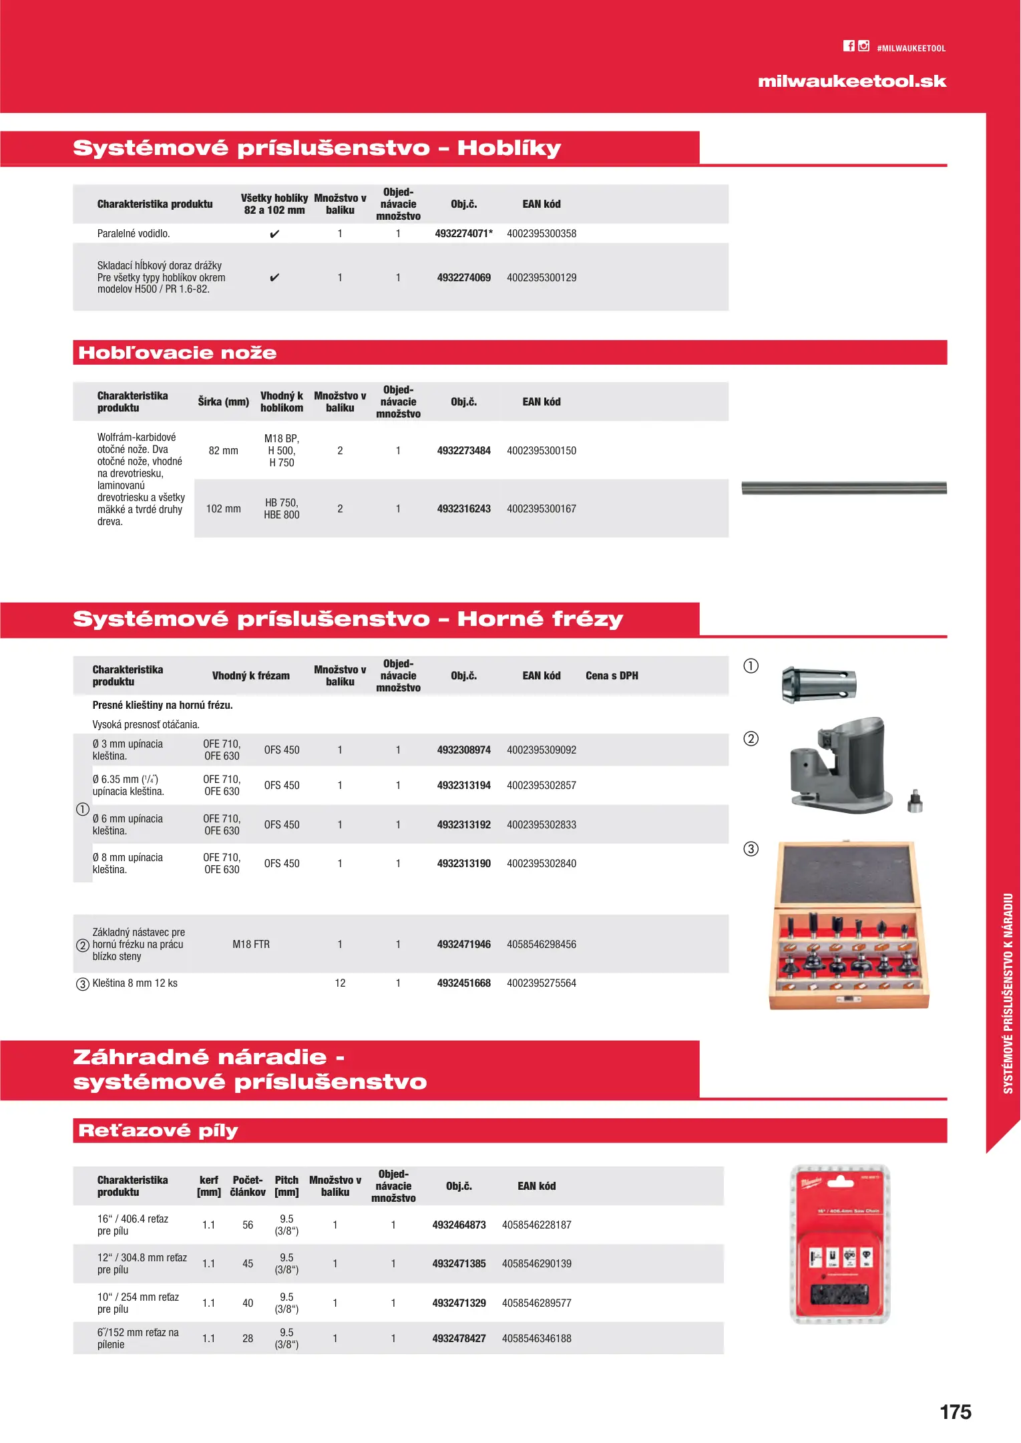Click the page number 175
[955, 1412]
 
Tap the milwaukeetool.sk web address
[851, 82]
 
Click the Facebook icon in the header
[849, 46]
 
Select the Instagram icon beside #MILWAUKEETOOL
[863, 46]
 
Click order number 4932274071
[463, 234]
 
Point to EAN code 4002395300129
[541, 278]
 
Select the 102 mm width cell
[223, 509]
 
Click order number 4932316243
[463, 509]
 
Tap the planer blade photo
[844, 488]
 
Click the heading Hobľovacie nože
[178, 353]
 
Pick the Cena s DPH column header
[612, 676]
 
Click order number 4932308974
[463, 750]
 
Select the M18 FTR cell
[251, 945]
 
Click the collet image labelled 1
[819, 684]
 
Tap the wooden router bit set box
[848, 925]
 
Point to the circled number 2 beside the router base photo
[751, 739]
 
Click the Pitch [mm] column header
[286, 1186]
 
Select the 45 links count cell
[248, 1264]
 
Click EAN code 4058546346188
[536, 1339]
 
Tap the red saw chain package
[840, 1244]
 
